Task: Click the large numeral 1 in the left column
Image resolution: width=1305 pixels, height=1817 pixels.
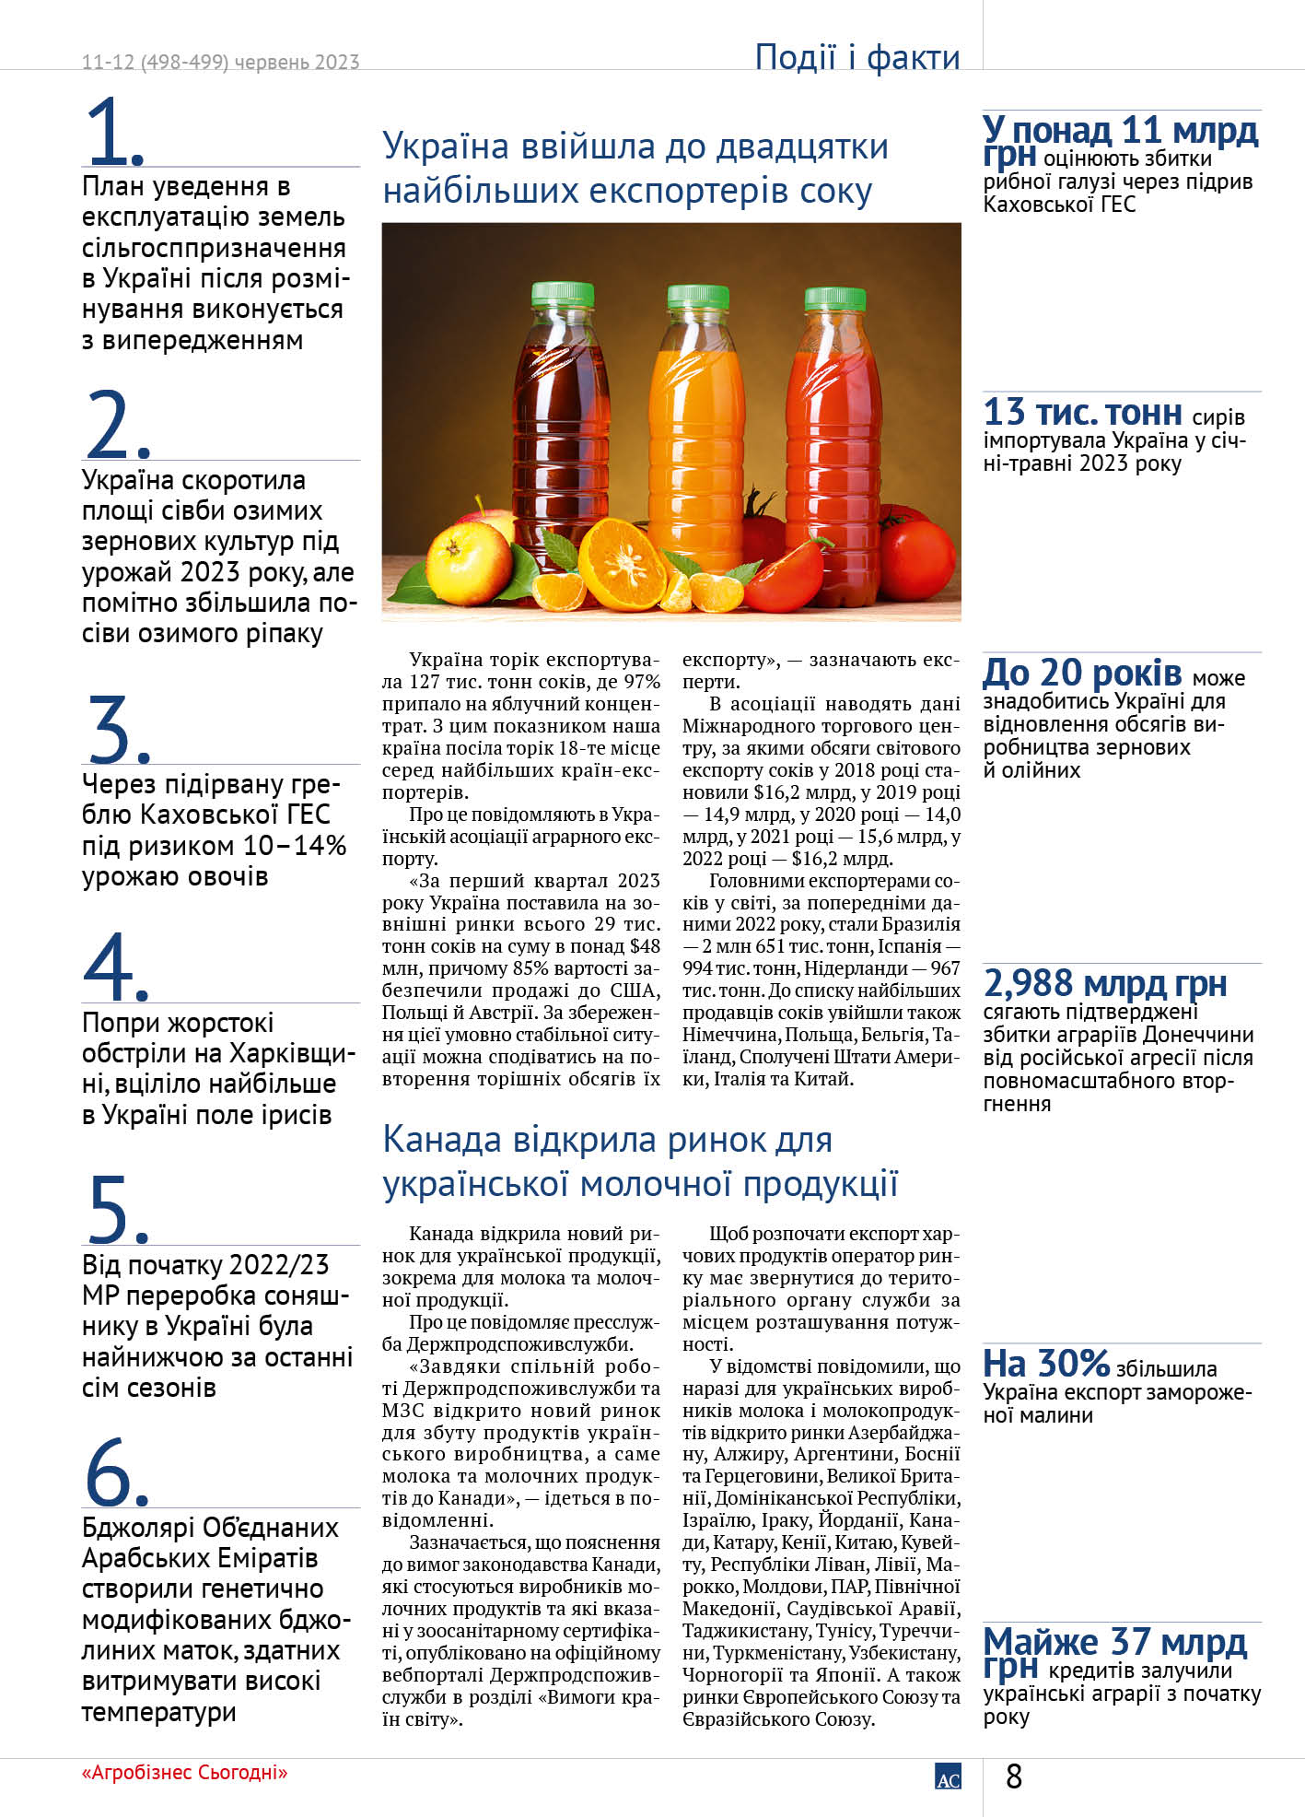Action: [x=112, y=131]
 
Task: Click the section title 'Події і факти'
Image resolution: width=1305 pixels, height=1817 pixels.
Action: [x=856, y=57]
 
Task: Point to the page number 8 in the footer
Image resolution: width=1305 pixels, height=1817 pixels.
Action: [x=1014, y=1776]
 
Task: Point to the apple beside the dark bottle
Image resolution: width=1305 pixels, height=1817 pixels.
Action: [x=470, y=561]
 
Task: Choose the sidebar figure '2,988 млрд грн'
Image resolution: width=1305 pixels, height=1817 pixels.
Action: [x=1105, y=984]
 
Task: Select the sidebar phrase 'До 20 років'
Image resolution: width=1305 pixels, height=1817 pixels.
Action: [x=1082, y=674]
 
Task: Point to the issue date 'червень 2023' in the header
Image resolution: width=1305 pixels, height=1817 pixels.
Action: [x=297, y=62]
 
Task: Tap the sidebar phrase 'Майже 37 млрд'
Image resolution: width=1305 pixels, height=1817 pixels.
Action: [x=1114, y=1642]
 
